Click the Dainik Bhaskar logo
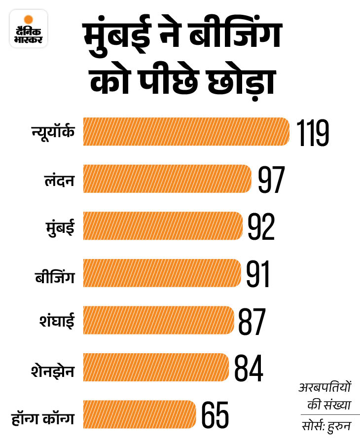point(29,29)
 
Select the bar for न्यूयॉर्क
point(186,132)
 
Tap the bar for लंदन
point(167,179)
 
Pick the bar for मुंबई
point(163,226)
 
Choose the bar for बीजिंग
point(162,273)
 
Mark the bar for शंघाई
point(158,320)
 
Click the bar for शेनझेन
point(156,367)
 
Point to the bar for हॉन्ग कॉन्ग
point(140,414)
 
